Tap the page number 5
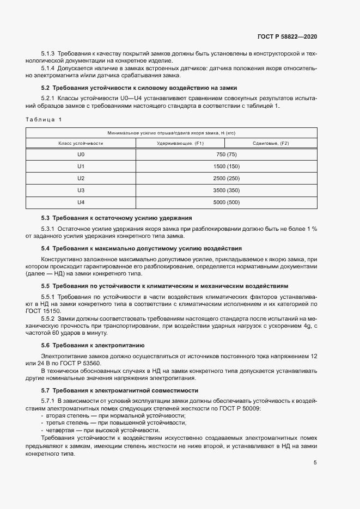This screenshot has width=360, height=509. click(315, 463)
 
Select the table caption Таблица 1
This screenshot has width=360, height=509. click(44, 119)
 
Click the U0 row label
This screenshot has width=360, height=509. click(81, 154)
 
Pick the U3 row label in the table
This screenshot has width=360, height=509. click(81, 190)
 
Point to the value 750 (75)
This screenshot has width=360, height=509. click(226, 154)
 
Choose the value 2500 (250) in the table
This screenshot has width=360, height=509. click(226, 178)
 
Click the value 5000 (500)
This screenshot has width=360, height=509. click(226, 202)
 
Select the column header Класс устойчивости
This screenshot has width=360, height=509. click(81, 143)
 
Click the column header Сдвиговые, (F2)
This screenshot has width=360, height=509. click(271, 143)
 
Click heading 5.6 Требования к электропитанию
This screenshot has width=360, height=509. click(93, 345)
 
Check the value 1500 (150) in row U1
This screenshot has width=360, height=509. click(226, 166)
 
